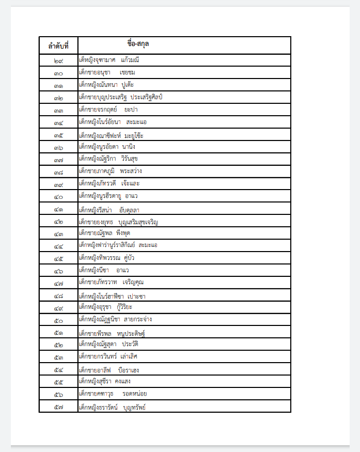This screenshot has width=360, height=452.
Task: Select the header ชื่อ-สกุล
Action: (x=138, y=43)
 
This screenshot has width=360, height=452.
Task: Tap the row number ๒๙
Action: (x=58, y=60)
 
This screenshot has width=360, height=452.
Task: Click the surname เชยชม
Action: (x=127, y=72)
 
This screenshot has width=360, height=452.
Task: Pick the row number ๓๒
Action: (x=58, y=98)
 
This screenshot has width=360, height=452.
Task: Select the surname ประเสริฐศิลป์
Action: (x=147, y=97)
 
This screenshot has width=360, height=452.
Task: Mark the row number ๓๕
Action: (x=58, y=136)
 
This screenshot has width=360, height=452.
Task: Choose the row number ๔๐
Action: (x=58, y=197)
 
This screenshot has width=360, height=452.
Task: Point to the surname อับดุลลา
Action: (x=133, y=210)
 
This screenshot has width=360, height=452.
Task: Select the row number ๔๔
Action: (x=58, y=246)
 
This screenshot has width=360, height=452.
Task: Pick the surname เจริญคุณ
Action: (x=133, y=283)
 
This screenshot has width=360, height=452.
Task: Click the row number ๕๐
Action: (x=58, y=320)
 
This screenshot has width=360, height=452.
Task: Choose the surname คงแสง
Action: (x=123, y=382)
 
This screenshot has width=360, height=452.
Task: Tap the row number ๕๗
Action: (x=58, y=408)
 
